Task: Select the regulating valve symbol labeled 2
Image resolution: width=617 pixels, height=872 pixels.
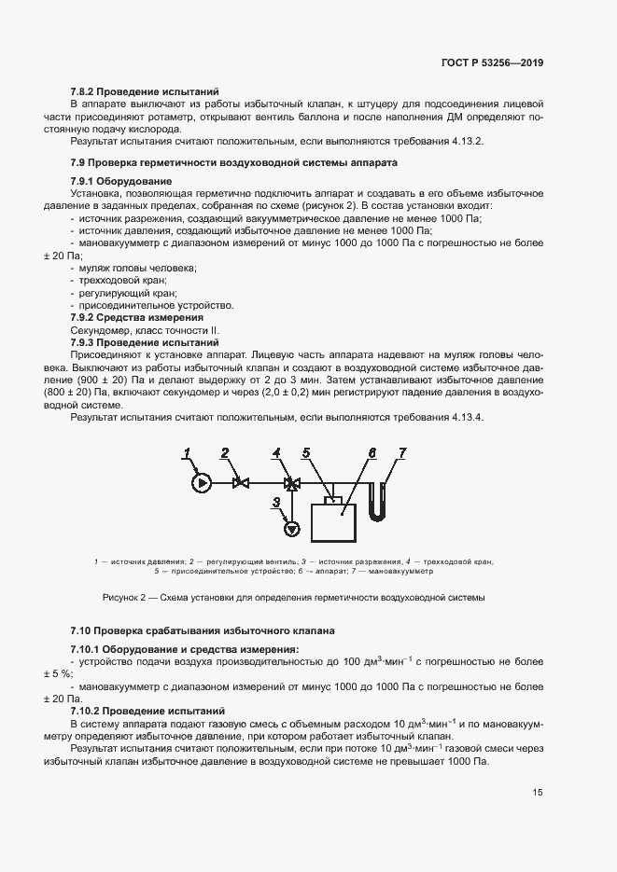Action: pyautogui.click(x=240, y=483)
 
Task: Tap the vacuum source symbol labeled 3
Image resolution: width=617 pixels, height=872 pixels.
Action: pyautogui.click(x=291, y=529)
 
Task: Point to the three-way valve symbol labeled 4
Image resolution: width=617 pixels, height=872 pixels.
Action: pyautogui.click(x=291, y=483)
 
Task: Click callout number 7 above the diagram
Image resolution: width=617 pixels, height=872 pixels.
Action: pyautogui.click(x=402, y=452)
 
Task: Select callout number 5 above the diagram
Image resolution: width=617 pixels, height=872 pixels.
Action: pyautogui.click(x=306, y=453)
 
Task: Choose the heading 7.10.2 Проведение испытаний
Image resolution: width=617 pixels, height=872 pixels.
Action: pyautogui.click(x=147, y=711)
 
